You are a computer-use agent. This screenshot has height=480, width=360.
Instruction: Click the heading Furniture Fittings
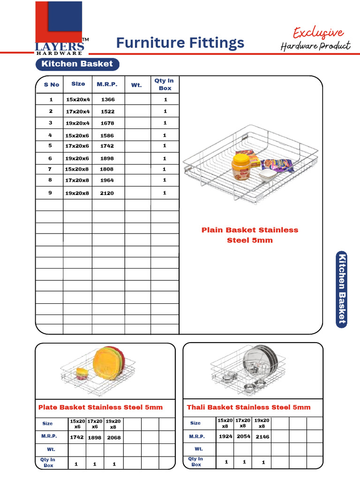tap(180, 43)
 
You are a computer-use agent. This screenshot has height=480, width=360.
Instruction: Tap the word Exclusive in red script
tap(318, 33)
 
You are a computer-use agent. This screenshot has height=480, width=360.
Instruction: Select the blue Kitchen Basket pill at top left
tap(77, 64)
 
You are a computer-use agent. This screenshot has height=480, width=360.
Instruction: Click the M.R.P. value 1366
tap(107, 100)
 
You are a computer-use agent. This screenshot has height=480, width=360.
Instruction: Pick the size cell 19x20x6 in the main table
tap(77, 158)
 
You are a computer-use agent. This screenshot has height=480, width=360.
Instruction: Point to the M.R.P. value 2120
tap(107, 193)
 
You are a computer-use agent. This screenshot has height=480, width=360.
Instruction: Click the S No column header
tap(52, 84)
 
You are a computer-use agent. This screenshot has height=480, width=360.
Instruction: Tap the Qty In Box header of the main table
tap(165, 84)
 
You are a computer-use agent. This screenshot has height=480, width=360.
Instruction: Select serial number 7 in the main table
tap(51, 169)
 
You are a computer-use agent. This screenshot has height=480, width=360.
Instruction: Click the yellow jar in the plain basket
tap(240, 166)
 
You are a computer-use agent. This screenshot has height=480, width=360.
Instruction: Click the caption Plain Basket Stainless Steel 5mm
tap(250, 235)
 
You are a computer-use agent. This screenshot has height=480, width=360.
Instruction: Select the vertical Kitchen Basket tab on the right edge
tap(342, 288)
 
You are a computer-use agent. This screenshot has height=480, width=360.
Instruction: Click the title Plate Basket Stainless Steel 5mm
tap(100, 407)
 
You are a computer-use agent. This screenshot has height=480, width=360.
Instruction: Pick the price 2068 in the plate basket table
tap(113, 438)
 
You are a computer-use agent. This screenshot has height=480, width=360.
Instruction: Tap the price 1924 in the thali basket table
tap(225, 436)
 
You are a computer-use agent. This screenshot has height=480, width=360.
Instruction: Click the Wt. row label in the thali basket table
tap(199, 449)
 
